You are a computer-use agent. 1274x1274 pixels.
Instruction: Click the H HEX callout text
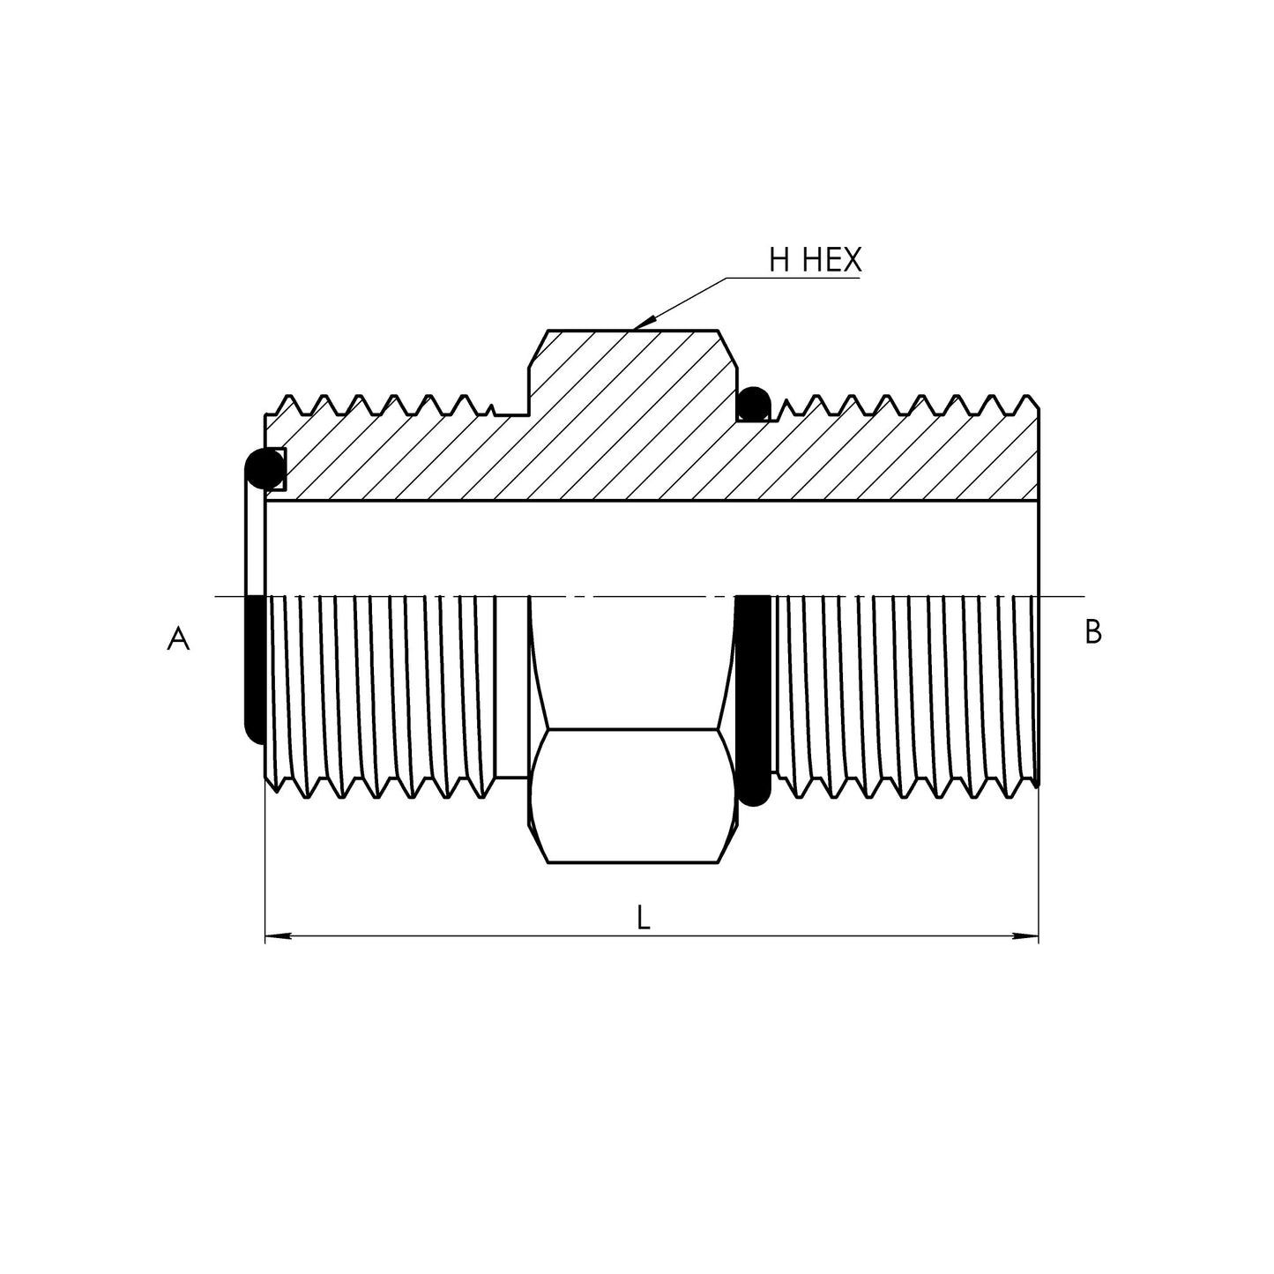tap(815, 260)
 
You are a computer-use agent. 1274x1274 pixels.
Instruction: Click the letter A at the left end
tap(178, 637)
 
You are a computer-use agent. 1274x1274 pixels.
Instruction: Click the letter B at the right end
tap(1092, 632)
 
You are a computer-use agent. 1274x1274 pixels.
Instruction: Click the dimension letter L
tap(644, 919)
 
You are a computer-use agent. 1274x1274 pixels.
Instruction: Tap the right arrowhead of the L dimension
tap(1027, 936)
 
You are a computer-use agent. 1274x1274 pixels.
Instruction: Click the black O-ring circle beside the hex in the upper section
tap(753, 406)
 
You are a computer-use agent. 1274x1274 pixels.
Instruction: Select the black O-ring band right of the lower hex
tap(753, 697)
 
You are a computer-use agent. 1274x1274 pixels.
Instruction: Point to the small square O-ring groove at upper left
tap(277, 469)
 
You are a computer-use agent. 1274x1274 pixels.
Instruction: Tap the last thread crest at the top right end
tap(1029, 399)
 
